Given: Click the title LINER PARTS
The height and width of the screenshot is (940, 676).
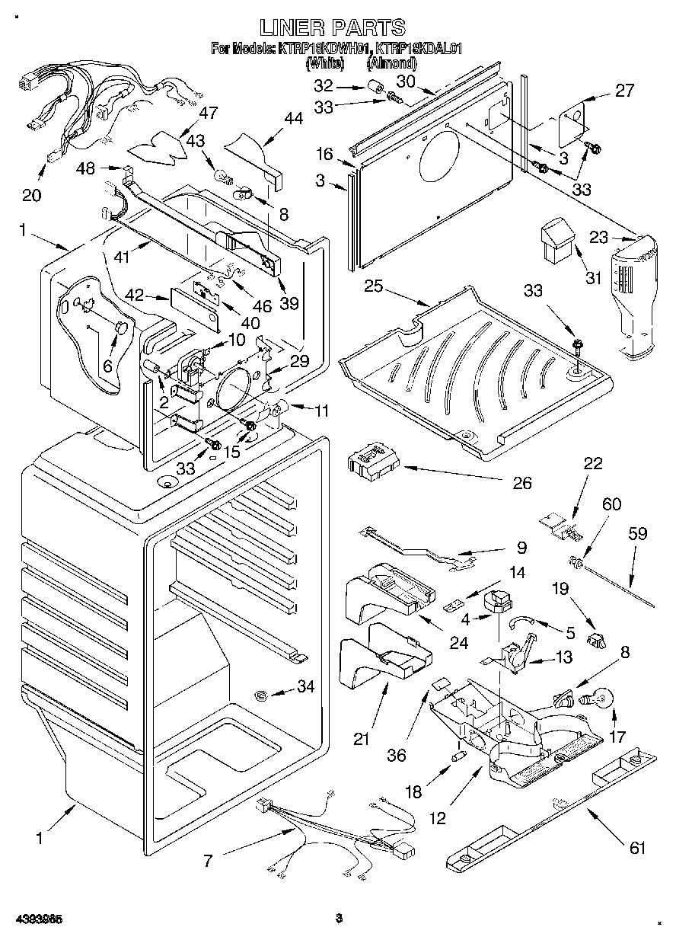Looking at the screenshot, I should pyautogui.click(x=332, y=28).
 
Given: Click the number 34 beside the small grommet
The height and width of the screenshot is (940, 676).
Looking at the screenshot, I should pyautogui.click(x=305, y=687).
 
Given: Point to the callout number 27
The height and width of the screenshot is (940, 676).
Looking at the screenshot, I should pyautogui.click(x=624, y=91).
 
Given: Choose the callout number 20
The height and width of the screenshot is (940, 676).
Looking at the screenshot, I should pyautogui.click(x=31, y=195).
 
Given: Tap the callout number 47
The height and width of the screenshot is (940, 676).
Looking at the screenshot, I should pyautogui.click(x=207, y=114).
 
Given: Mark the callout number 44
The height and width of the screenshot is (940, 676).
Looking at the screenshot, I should pyautogui.click(x=292, y=118).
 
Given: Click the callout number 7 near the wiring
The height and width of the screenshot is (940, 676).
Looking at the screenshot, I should pyautogui.click(x=208, y=862).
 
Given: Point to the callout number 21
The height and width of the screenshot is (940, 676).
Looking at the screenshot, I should pyautogui.click(x=361, y=737).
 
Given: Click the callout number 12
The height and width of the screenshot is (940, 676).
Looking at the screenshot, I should pyautogui.click(x=437, y=819).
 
